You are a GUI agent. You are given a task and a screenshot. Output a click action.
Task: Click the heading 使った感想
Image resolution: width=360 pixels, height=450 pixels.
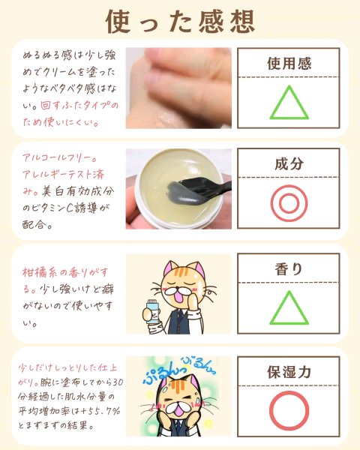point(180,22)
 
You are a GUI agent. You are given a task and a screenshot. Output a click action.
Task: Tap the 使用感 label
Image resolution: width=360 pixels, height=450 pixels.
point(289,64)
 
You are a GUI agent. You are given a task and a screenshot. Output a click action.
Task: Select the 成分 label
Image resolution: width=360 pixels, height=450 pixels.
point(289,163)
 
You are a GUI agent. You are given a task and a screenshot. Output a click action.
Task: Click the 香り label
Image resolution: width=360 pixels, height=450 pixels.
point(289,269)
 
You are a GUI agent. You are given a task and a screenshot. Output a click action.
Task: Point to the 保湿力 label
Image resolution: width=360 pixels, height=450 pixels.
point(289,372)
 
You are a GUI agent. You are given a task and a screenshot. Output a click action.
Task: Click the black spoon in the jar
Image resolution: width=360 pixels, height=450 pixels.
point(198,190)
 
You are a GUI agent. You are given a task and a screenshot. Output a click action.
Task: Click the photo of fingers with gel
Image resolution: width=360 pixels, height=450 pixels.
point(178,88)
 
